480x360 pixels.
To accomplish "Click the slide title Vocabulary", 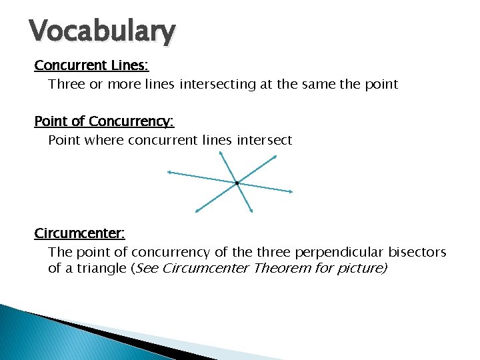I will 103,31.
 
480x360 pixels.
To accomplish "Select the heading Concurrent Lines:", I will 92,65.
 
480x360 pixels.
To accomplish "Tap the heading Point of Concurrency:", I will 104,121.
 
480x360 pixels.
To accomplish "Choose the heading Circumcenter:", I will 80,233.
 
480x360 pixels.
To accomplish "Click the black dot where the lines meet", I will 237,183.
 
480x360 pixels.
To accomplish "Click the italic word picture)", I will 365,269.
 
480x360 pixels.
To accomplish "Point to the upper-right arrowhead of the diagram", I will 274,157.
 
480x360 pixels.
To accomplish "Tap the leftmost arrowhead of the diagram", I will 169,173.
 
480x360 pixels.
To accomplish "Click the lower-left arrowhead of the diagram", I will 197,211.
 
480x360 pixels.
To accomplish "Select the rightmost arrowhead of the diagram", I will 291,192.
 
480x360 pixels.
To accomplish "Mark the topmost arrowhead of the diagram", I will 221,153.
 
